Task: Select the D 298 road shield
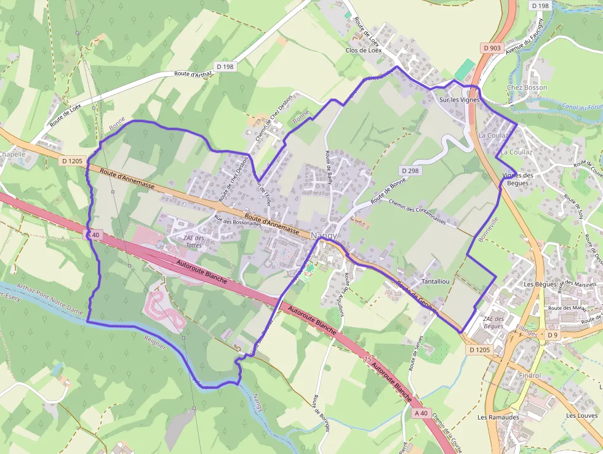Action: tap(410, 170)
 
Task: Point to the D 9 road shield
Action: tap(552, 335)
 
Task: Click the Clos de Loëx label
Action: tap(364, 51)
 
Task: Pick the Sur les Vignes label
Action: tap(459, 100)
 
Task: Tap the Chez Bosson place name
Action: tap(527, 87)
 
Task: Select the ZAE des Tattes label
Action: tap(193, 241)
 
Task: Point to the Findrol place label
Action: tap(530, 375)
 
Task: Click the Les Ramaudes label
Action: tap(498, 417)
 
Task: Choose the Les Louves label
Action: tap(581, 416)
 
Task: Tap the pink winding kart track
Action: tap(164, 307)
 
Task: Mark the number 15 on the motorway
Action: tap(368, 359)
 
